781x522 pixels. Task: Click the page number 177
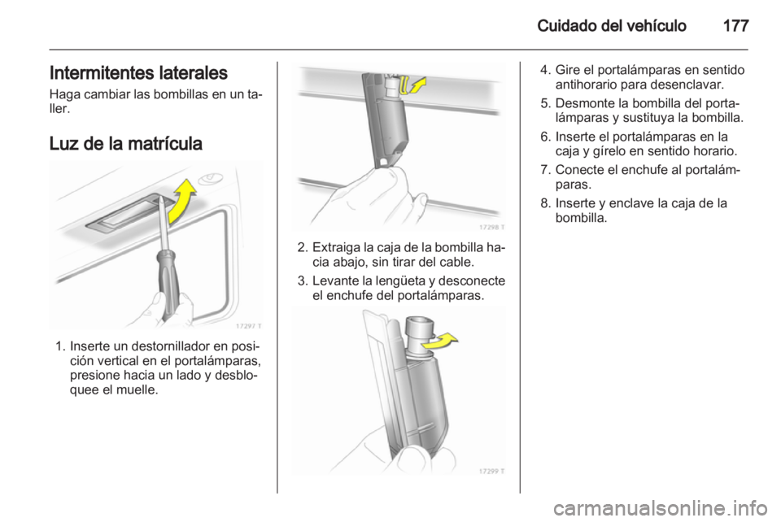[x=735, y=26]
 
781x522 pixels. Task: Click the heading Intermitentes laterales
[x=138, y=73]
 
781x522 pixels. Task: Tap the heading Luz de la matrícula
[x=125, y=144]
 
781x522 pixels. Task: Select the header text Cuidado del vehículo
[x=612, y=26]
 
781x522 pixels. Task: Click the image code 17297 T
[x=248, y=326]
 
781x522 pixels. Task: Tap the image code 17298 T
[x=491, y=227]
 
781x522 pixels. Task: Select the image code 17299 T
[x=491, y=472]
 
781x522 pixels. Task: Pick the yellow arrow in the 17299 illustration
[x=439, y=341]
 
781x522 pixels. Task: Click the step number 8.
[x=545, y=203]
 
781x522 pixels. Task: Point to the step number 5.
[x=545, y=103]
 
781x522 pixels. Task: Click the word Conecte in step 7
[x=579, y=170]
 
